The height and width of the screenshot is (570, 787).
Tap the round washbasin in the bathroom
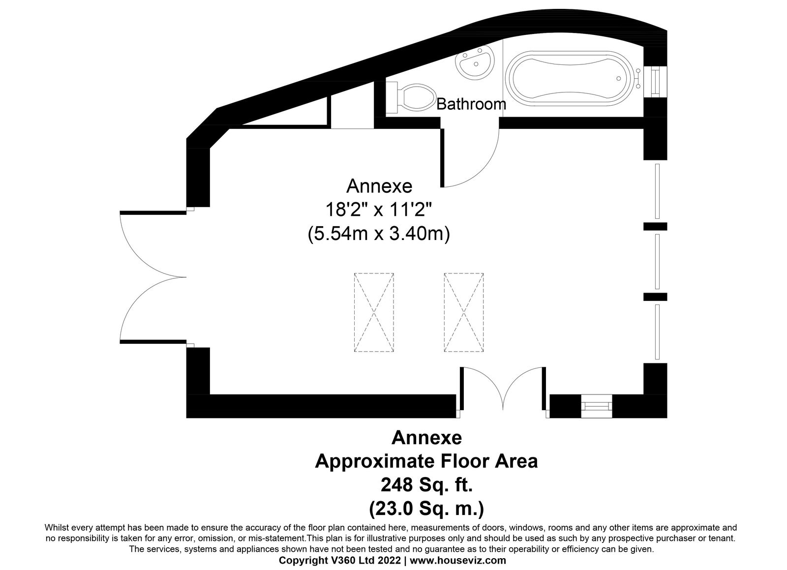pos(475,64)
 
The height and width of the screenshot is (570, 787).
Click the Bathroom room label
pos(471,104)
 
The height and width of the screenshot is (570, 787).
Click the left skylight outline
pos(374,312)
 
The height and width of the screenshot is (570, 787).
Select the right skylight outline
pos(464,312)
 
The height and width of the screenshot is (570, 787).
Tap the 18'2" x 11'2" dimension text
pos(378,210)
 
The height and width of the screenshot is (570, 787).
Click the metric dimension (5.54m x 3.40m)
pos(379,234)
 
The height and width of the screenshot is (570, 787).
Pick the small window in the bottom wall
pos(596,406)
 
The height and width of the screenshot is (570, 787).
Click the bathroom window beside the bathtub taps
pos(656,82)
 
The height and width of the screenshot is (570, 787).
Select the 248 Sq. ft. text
pos(426,485)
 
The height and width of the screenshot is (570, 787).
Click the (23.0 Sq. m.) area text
pos(426,508)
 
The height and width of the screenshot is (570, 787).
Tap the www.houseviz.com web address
pos(458,560)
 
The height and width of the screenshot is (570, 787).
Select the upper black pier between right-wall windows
pos(655,226)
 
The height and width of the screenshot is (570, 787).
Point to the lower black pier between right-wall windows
pos(655,297)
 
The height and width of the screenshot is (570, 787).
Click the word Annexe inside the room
pos(379,186)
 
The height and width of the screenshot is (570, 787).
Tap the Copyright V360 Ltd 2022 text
pos(340,560)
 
